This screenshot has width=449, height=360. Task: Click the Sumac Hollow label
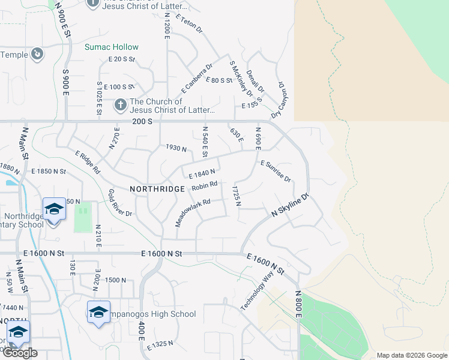112,47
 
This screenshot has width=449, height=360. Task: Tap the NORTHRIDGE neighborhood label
157,188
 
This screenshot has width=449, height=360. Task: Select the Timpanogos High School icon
98,312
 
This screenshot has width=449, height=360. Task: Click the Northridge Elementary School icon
54,209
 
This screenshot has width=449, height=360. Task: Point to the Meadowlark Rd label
193,212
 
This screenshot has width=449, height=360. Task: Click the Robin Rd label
204,187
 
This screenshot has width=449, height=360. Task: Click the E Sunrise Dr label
276,171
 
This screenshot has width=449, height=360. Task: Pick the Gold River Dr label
120,202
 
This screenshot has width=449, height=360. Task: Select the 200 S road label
143,121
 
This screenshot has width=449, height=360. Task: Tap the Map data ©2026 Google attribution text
411,355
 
